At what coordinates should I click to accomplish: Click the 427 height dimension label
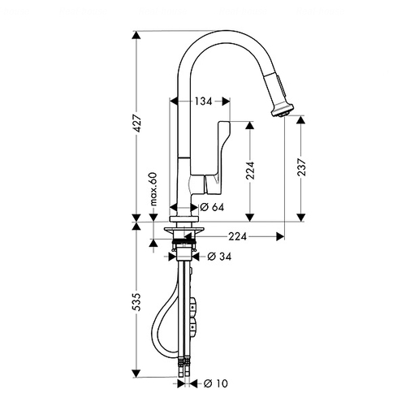(138, 123)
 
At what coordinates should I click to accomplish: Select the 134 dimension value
(204, 101)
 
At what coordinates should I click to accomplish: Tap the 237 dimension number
(301, 167)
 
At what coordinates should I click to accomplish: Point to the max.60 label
(153, 188)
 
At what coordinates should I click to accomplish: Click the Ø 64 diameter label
(213, 207)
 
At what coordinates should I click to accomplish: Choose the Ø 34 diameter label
(219, 256)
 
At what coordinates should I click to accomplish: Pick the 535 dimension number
(138, 302)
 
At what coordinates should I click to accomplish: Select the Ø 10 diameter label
(216, 383)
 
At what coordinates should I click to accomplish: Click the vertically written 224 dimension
(250, 171)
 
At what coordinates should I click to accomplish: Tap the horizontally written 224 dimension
(238, 236)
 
